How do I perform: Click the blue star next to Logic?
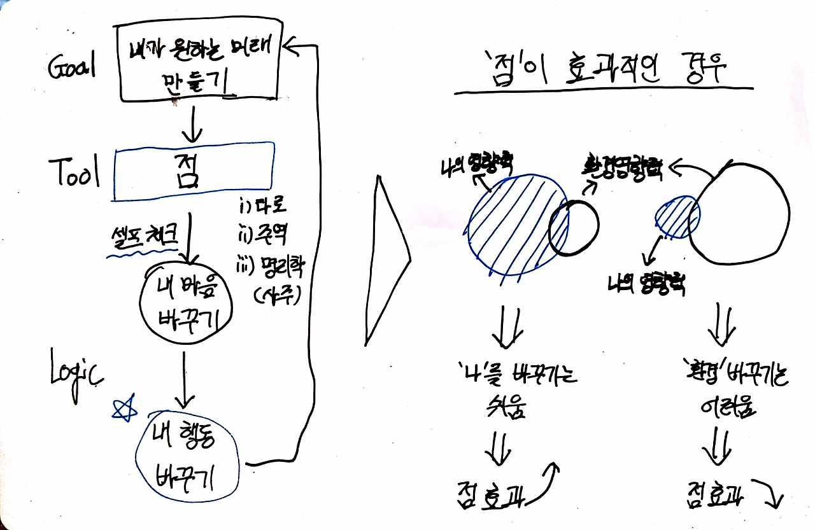tap(124, 408)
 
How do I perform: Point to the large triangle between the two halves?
tap(385, 261)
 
